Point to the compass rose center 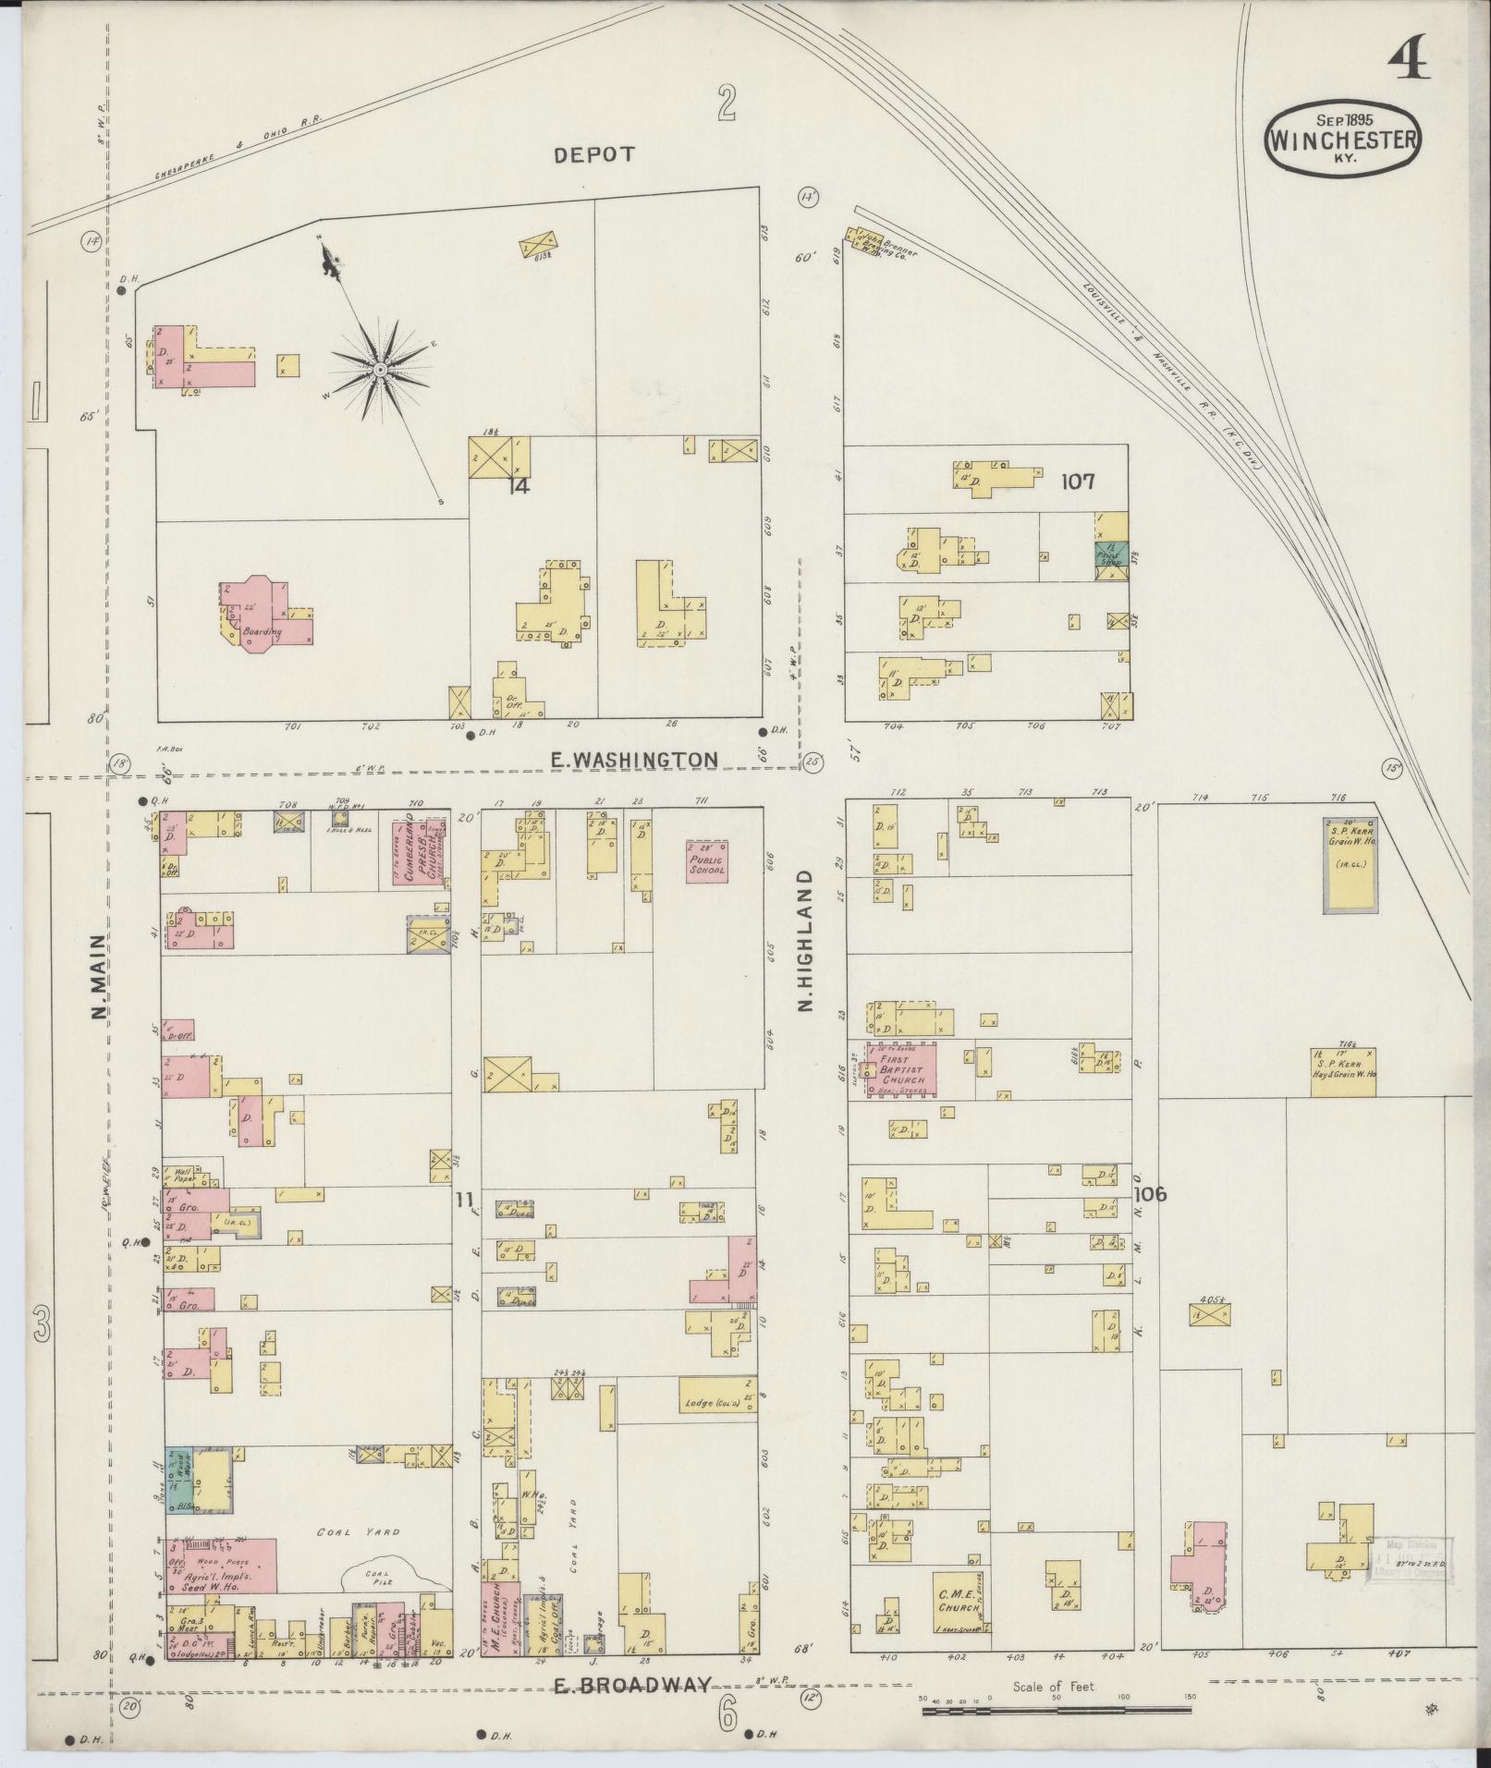379,371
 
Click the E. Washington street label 633,760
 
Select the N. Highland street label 805,939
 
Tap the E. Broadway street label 633,1685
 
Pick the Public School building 707,861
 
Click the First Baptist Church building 900,1070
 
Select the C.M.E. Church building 959,1603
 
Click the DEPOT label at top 594,154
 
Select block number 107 1078,481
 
